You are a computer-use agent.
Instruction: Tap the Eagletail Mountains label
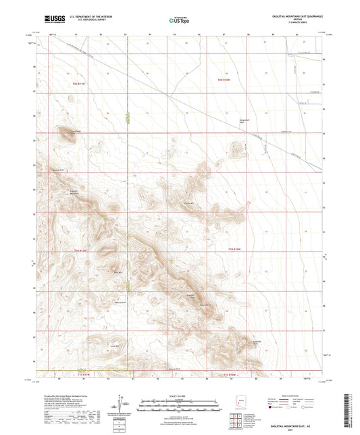click(x=76, y=191)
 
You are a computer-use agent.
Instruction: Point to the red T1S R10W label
click(x=230, y=374)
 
